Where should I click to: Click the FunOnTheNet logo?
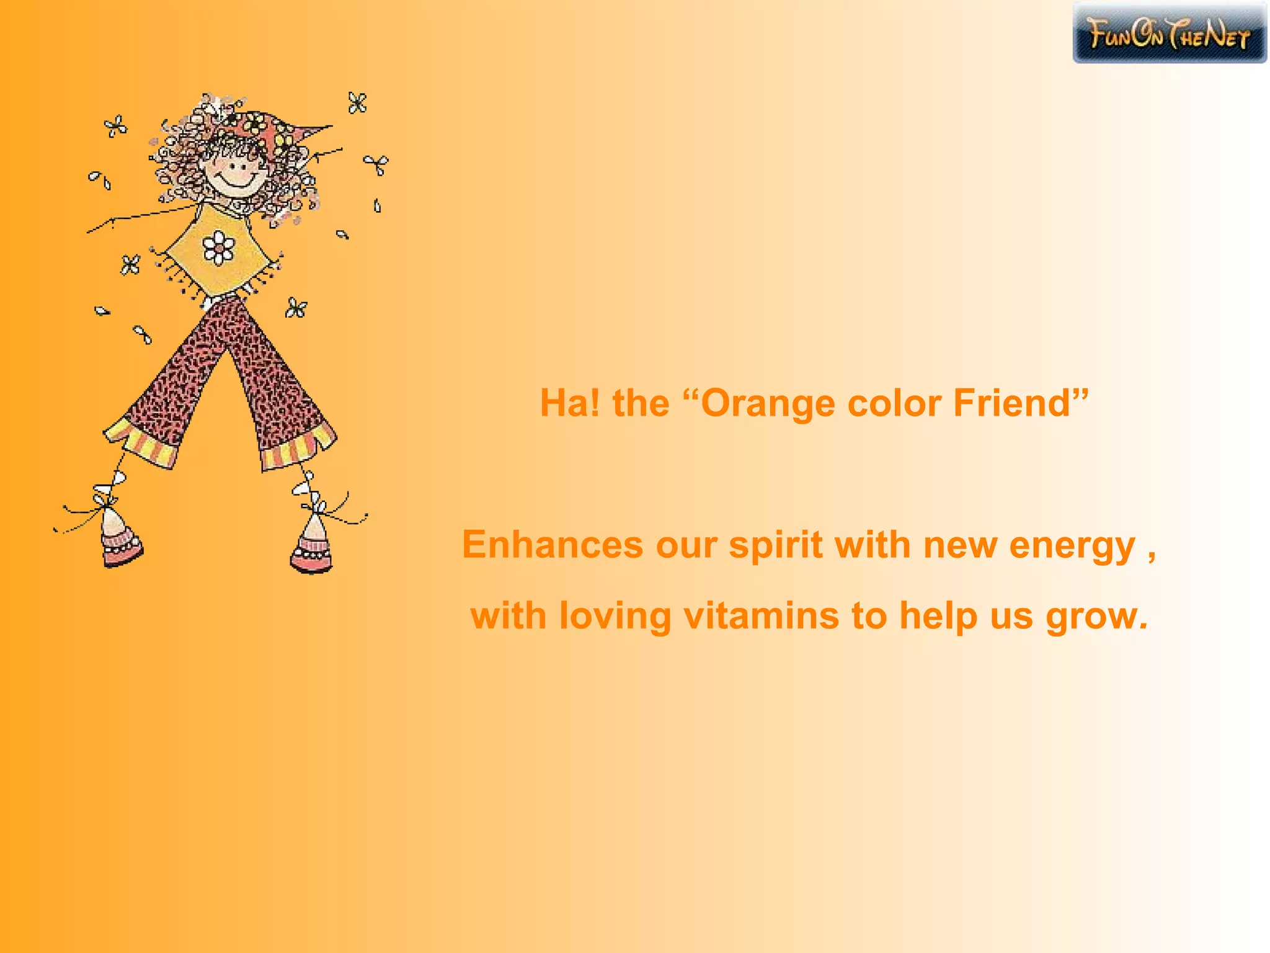[1169, 33]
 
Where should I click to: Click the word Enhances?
[553, 545]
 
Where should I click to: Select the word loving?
[615, 617]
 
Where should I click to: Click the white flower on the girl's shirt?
[218, 247]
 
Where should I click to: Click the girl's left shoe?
[120, 539]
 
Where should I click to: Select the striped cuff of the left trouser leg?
[141, 443]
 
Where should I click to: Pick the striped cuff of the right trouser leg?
[296, 449]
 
